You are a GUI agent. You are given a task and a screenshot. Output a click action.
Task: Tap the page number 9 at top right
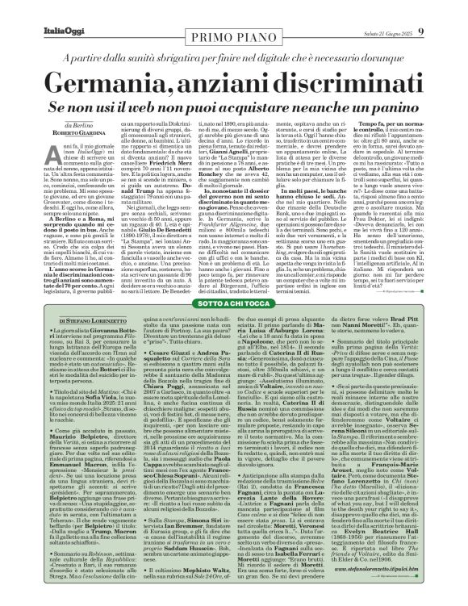[x=445, y=9]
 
